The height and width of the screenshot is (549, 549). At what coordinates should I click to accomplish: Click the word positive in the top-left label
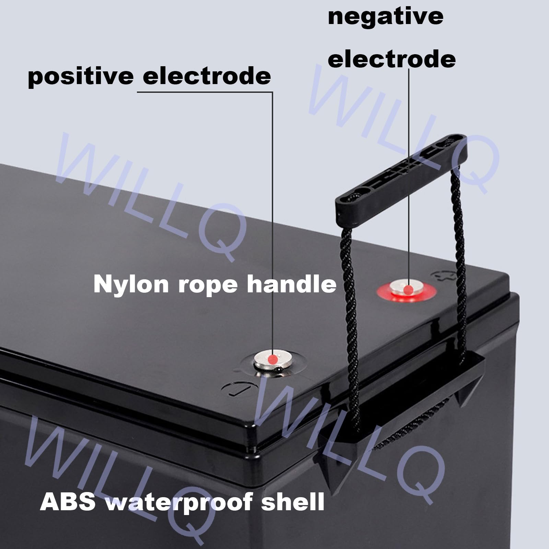click(80, 76)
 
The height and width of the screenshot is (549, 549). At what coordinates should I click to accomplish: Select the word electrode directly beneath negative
click(392, 59)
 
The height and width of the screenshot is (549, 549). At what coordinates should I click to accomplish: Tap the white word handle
click(292, 284)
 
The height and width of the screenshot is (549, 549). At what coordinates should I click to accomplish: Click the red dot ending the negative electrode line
click(408, 290)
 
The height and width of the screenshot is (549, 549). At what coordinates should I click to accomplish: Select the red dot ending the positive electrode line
click(272, 359)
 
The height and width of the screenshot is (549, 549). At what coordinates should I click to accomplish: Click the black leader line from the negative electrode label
click(409, 172)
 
